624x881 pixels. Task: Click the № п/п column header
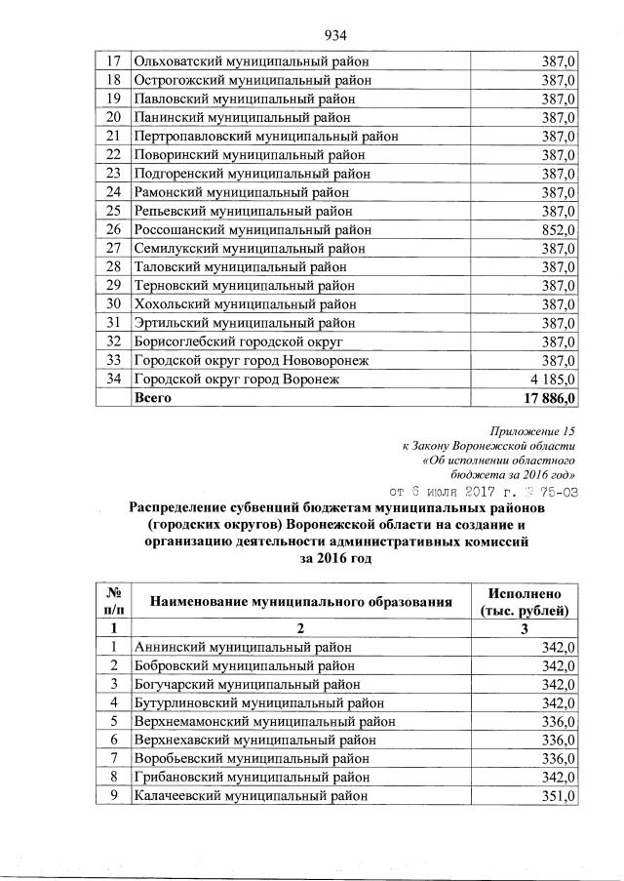pos(113,601)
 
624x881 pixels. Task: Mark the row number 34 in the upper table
pos(113,380)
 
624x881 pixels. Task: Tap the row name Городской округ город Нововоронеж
pos(250,361)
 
